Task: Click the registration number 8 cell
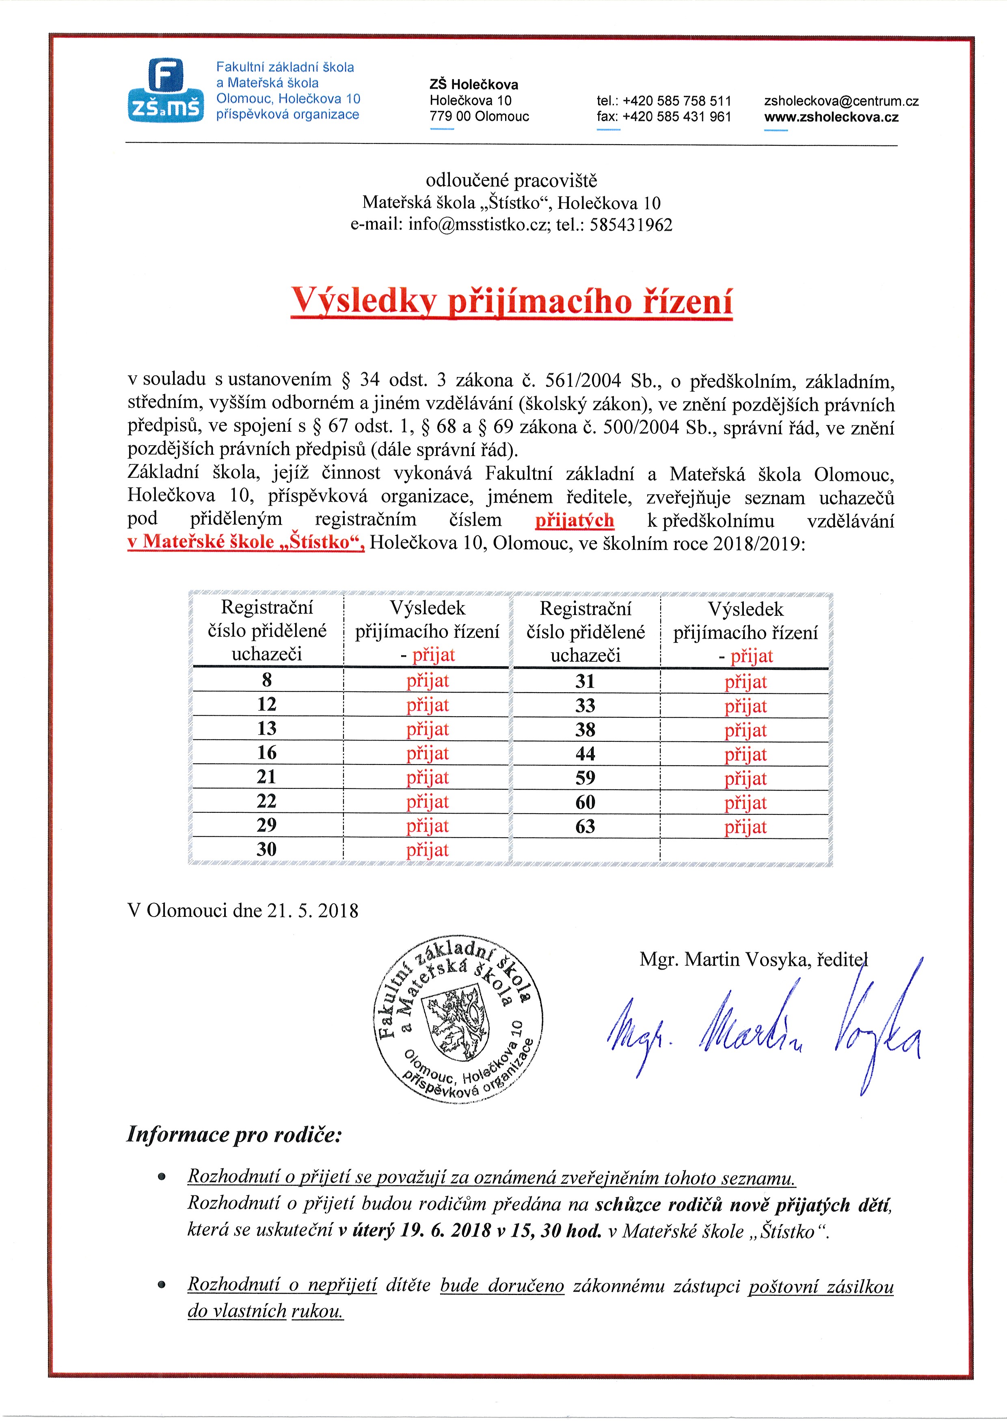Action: click(x=267, y=680)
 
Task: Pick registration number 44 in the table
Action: click(x=585, y=754)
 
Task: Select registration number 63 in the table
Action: click(x=585, y=827)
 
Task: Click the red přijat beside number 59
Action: click(x=745, y=778)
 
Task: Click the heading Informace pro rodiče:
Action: click(x=234, y=1134)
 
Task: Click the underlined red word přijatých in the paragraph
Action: click(x=575, y=520)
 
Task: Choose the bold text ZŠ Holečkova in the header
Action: click(x=473, y=84)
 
